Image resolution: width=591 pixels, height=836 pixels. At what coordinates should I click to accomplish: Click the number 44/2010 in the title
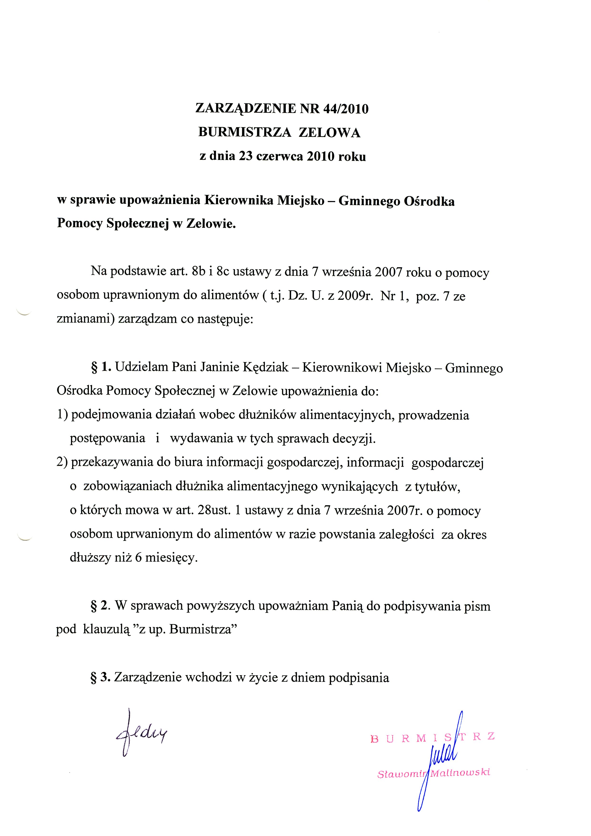click(345, 109)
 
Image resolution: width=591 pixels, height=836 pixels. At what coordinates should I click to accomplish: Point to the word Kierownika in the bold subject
click(239, 201)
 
